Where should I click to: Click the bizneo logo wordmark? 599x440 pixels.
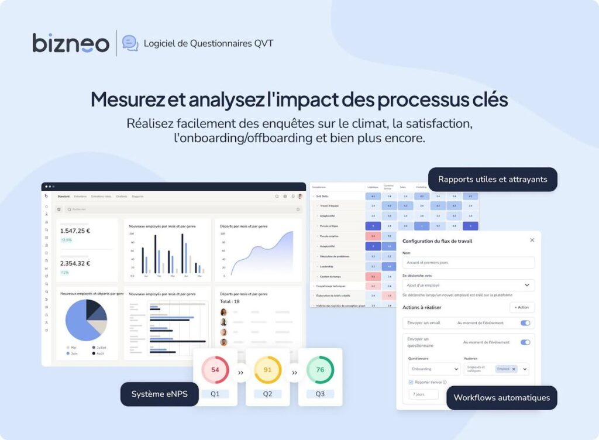[71, 43]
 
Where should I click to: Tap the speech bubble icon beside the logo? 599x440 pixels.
[130, 43]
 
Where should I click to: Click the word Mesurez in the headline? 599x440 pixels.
[128, 99]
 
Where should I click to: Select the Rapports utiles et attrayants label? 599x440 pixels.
[493, 180]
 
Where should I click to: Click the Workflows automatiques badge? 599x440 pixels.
[501, 398]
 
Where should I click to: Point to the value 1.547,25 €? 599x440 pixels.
[75, 231]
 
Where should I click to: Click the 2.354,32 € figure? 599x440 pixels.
[75, 263]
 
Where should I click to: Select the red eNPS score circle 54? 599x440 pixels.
[215, 370]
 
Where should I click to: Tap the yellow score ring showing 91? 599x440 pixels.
[267, 370]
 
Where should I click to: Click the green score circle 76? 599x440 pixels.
[320, 370]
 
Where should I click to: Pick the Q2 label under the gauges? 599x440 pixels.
[267, 394]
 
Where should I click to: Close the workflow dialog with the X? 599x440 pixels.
[532, 240]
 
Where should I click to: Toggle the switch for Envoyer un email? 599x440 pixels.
[525, 323]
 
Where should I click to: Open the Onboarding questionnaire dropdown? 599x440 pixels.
[434, 369]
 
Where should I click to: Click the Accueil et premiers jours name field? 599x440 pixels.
[468, 263]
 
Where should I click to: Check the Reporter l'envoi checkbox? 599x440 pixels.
[411, 382]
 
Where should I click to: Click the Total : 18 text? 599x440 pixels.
[229, 301]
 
